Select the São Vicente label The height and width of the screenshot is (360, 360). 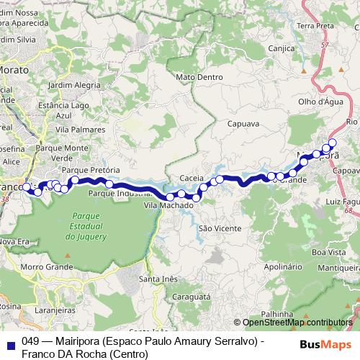[x=214, y=228]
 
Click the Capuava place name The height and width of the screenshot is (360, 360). [x=243, y=124]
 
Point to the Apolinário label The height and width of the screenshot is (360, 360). [x=283, y=266]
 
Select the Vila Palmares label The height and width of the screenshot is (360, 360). [x=76, y=130]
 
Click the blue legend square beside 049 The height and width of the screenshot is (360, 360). [x=10, y=344]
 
